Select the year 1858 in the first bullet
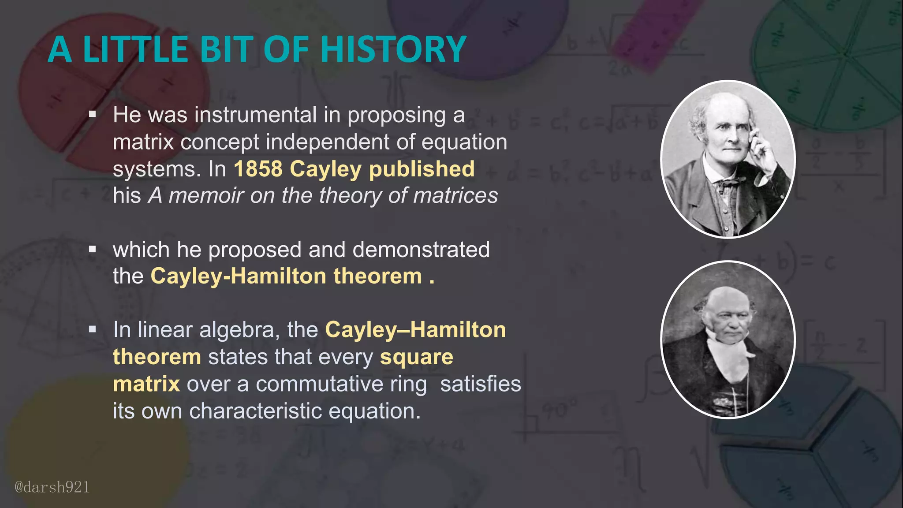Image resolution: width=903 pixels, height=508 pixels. [x=258, y=169]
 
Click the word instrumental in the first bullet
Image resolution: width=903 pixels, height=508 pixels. [x=256, y=115]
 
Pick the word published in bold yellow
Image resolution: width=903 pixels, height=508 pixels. [x=422, y=169]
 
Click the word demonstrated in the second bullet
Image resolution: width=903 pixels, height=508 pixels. [x=421, y=250]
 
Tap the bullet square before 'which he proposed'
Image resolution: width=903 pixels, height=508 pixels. [x=92, y=250]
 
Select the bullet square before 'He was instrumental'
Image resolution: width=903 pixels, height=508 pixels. [x=92, y=115]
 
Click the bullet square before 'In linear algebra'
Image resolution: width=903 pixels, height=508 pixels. [x=92, y=329]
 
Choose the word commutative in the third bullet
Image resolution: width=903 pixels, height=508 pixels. [x=341, y=384]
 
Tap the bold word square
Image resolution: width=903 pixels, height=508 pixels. [x=416, y=357]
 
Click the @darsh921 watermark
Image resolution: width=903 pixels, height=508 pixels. [x=52, y=487]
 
